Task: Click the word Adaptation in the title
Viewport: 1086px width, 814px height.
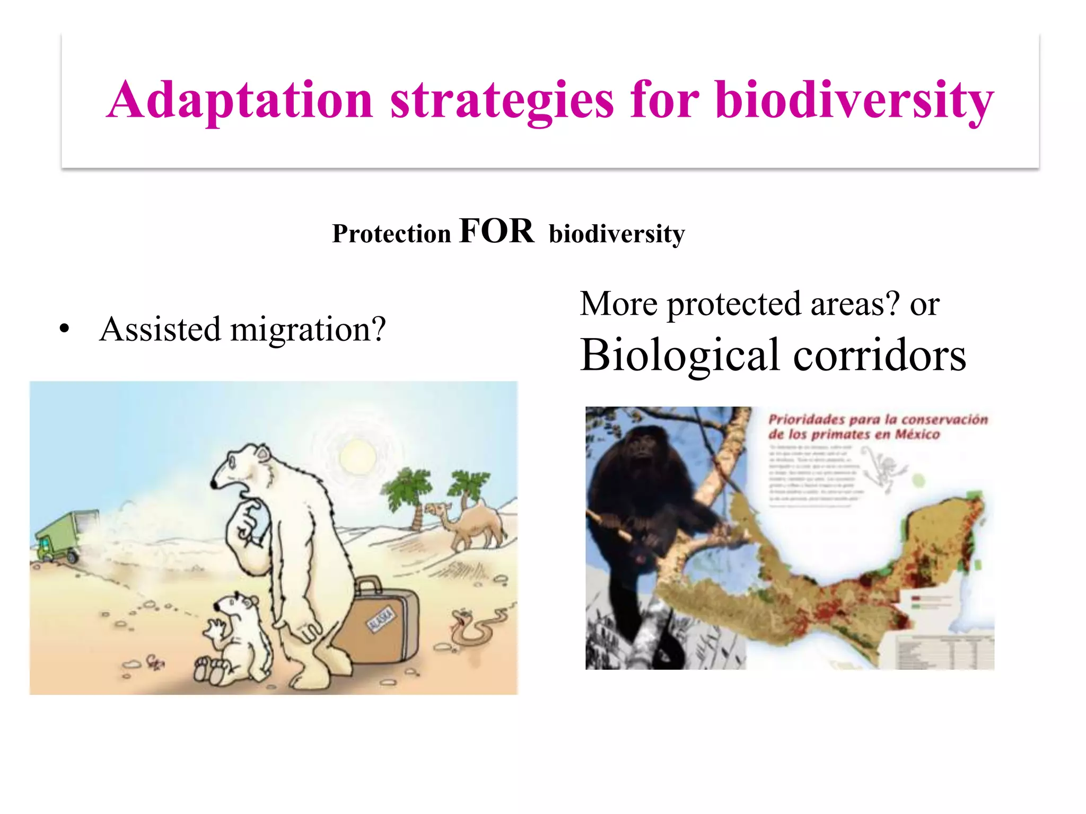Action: [x=240, y=100]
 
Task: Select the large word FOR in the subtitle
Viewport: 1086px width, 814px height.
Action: [x=497, y=231]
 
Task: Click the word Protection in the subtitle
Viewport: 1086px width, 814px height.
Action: [x=391, y=234]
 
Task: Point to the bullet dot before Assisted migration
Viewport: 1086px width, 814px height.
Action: [x=65, y=329]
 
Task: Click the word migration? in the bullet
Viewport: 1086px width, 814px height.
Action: [x=308, y=330]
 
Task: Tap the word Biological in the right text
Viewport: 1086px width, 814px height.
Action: [x=680, y=355]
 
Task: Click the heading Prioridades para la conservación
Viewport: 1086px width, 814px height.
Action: [x=878, y=427]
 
